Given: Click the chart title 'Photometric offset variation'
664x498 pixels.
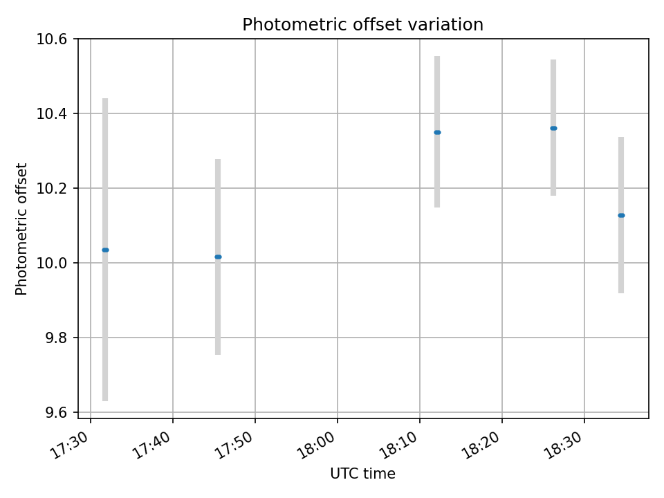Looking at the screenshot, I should point(362,25).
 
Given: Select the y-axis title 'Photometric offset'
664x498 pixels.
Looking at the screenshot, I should point(21,229).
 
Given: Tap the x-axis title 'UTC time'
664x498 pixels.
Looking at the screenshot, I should point(362,474).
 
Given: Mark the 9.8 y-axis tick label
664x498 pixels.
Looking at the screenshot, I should point(57,338).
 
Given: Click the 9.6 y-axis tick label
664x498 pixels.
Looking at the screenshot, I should point(57,412).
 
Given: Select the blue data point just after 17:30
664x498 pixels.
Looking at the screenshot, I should point(105,250).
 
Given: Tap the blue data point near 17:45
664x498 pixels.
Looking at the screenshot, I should point(218,257).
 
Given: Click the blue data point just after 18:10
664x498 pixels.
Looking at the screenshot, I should point(437,132).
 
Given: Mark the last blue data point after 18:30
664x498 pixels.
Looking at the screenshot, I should point(621,215).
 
